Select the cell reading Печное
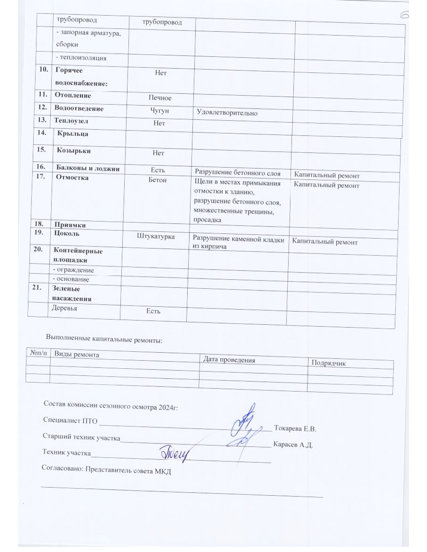(x=160, y=98)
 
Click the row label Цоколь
(x=67, y=233)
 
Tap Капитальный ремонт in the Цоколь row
(x=325, y=242)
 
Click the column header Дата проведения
(x=229, y=360)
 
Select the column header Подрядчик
(x=328, y=363)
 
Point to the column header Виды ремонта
(x=77, y=354)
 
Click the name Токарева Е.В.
(x=295, y=429)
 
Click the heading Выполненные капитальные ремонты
(x=104, y=338)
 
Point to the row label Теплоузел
(x=72, y=120)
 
